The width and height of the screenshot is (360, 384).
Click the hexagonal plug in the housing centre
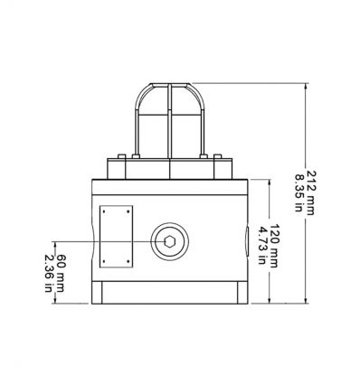coord(169,241)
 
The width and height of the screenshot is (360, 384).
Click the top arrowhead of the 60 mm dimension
coord(56,244)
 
